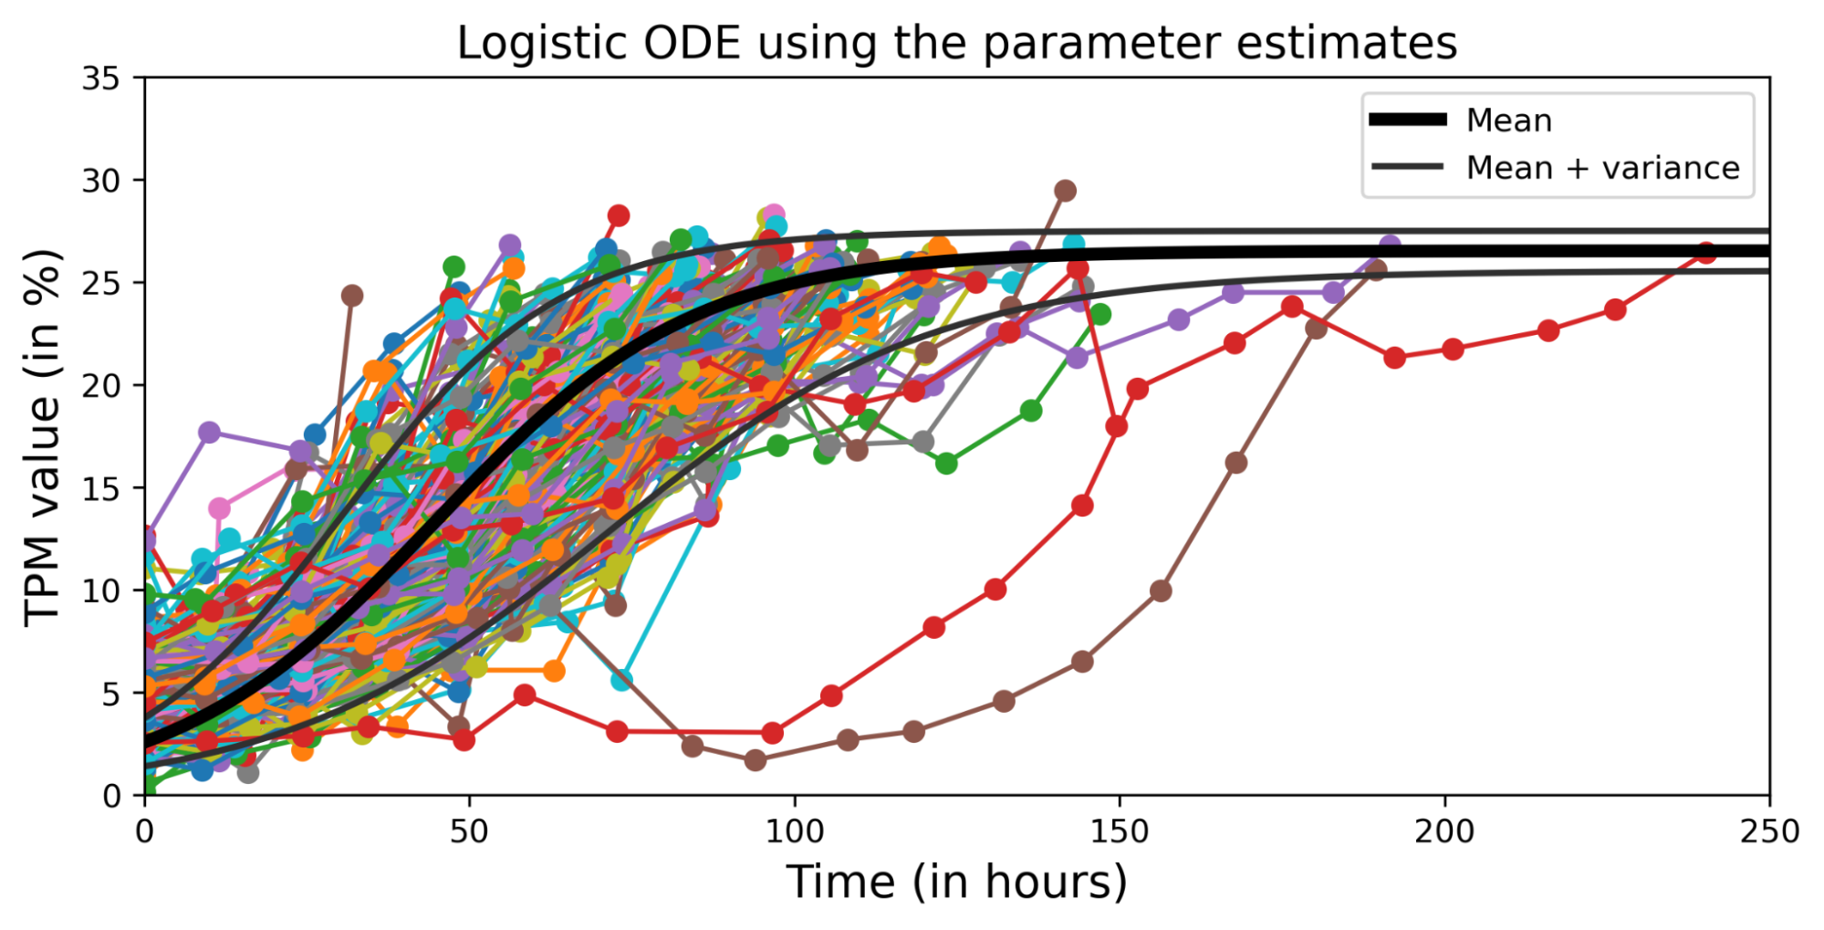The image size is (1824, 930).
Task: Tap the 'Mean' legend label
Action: click(x=1508, y=120)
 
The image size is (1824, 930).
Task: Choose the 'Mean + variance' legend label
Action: click(x=1602, y=168)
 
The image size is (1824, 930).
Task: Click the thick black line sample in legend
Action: click(x=1408, y=120)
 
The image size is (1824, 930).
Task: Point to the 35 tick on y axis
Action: click(x=100, y=79)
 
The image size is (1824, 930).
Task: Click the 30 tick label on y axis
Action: click(x=100, y=182)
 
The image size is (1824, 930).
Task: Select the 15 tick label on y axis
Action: click(x=100, y=489)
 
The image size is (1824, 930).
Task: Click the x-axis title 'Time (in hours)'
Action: click(x=956, y=883)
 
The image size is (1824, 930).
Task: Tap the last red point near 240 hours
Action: click(x=1704, y=253)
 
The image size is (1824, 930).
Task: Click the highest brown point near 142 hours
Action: click(x=1065, y=191)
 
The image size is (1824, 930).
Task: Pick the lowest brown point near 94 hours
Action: click(x=755, y=759)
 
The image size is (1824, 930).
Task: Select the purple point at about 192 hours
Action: click(x=1390, y=246)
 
